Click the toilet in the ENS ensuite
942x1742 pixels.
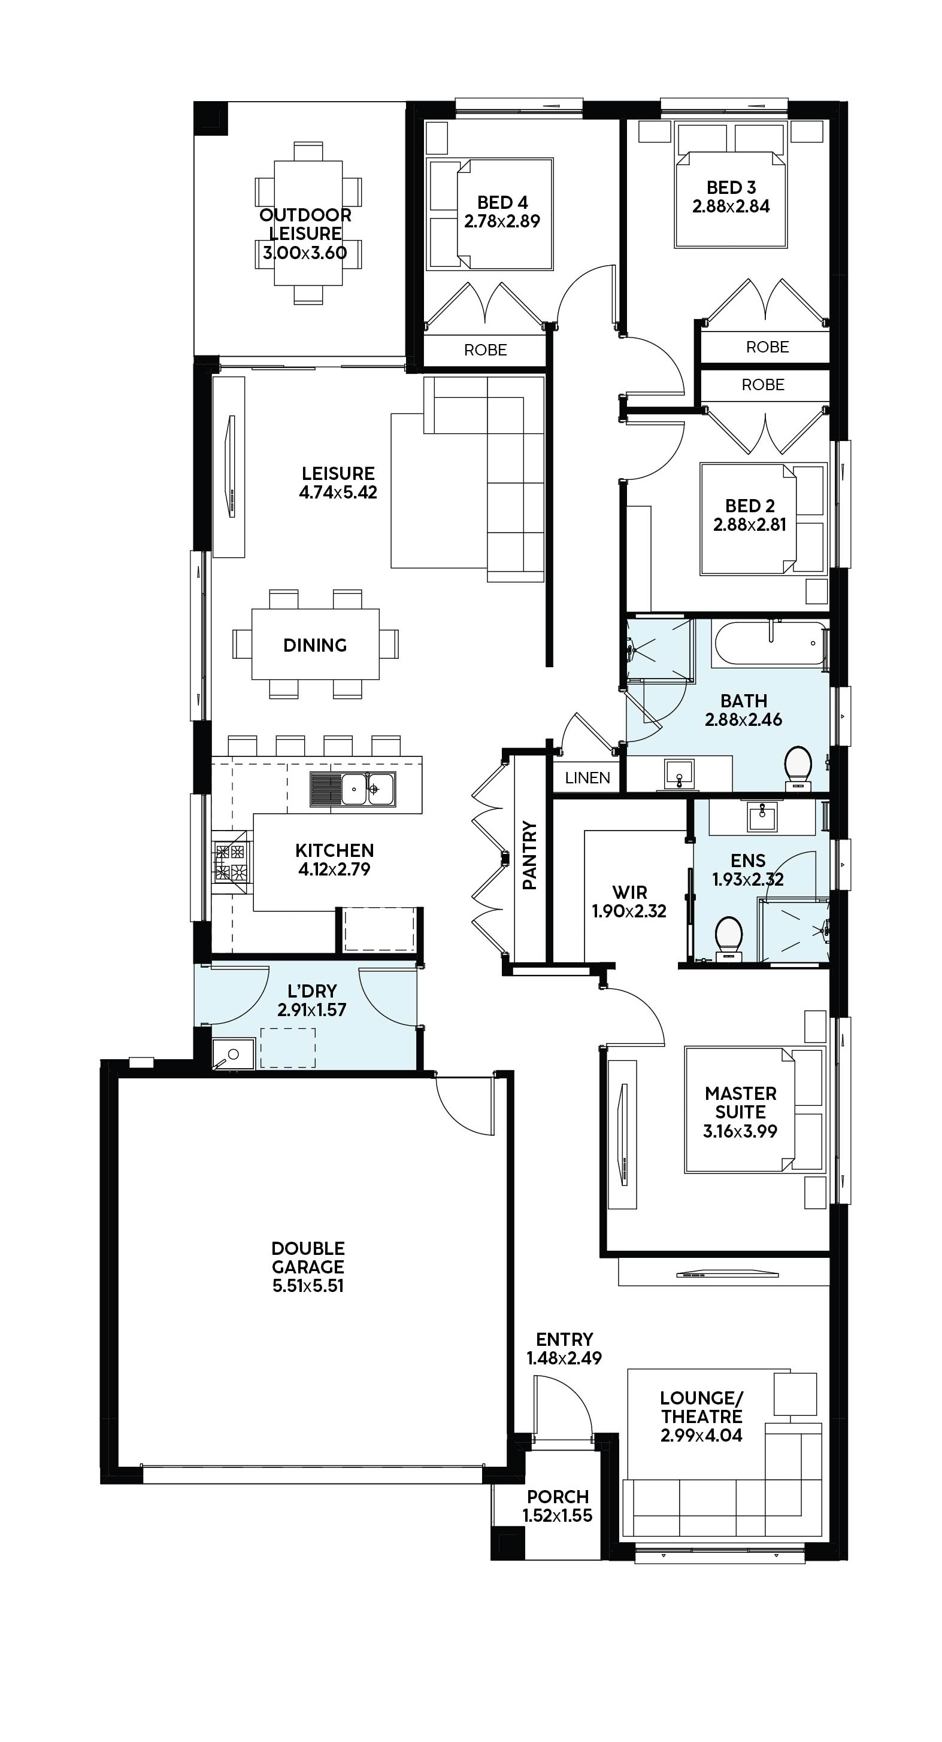tap(728, 937)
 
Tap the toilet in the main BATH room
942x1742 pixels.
tap(798, 768)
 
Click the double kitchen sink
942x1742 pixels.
tap(353, 789)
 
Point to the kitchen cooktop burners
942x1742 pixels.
tap(231, 862)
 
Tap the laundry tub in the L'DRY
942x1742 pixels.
tap(233, 1054)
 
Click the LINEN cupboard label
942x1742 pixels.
tap(587, 778)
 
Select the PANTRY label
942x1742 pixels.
tap(530, 856)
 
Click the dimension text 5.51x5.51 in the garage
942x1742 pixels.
tap(308, 1285)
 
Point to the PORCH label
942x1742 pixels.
tap(558, 1497)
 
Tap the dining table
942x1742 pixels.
tap(316, 644)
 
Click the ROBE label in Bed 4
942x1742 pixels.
tap(485, 349)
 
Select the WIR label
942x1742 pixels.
tap(629, 892)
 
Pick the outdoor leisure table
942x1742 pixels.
tap(308, 223)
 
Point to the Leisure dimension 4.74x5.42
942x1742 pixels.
tap(338, 492)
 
